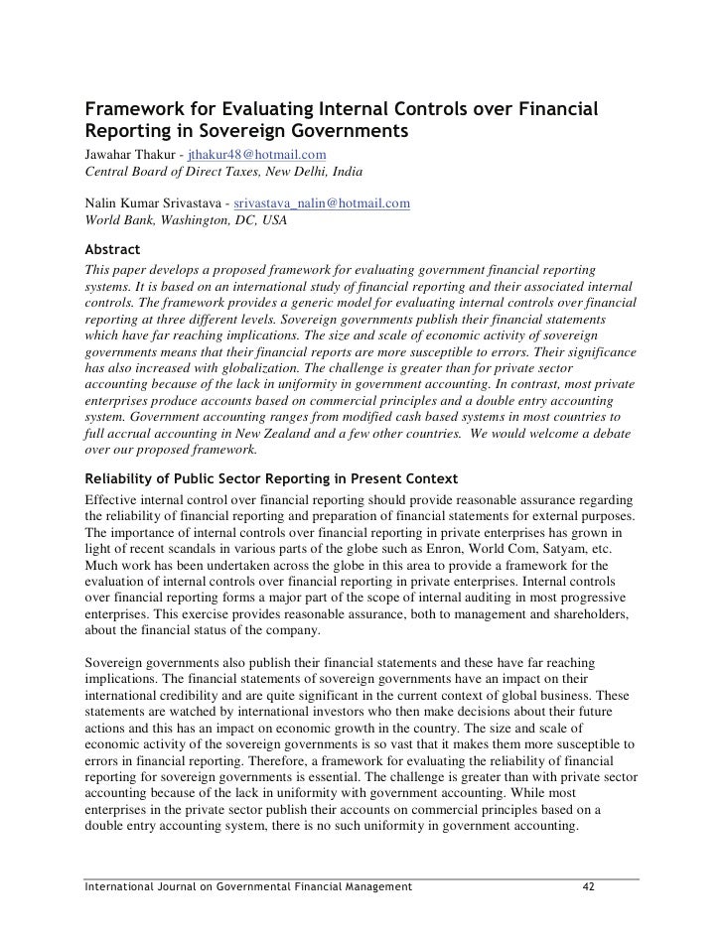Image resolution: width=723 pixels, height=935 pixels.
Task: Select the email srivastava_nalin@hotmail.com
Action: (322, 203)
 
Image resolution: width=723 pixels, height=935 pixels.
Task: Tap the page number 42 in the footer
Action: (587, 885)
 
